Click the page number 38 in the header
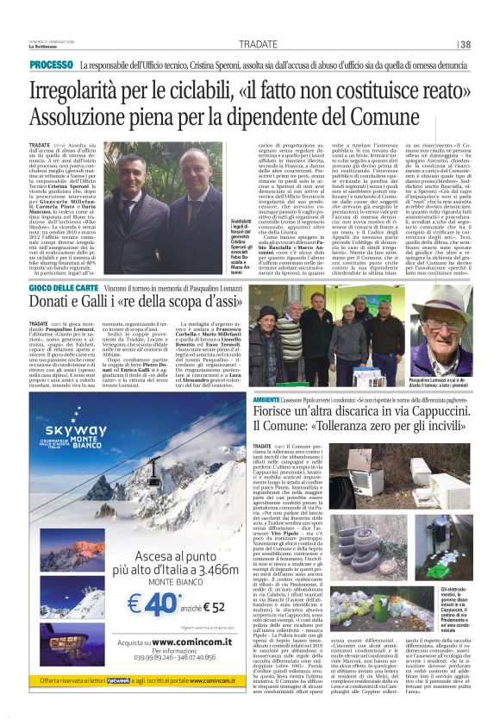click(x=466, y=44)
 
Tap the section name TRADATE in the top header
click(x=259, y=44)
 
